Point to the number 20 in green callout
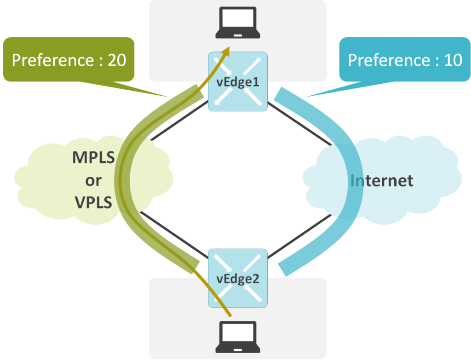[x=116, y=60]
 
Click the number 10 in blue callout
[x=453, y=60]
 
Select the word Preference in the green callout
[x=52, y=60]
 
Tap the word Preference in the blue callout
[x=389, y=60]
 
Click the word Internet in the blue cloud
[x=381, y=180]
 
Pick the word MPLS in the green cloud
[x=93, y=158]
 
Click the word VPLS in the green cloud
[x=93, y=202]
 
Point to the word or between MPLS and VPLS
[x=93, y=180]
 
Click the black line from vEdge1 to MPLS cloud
[x=177, y=122]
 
